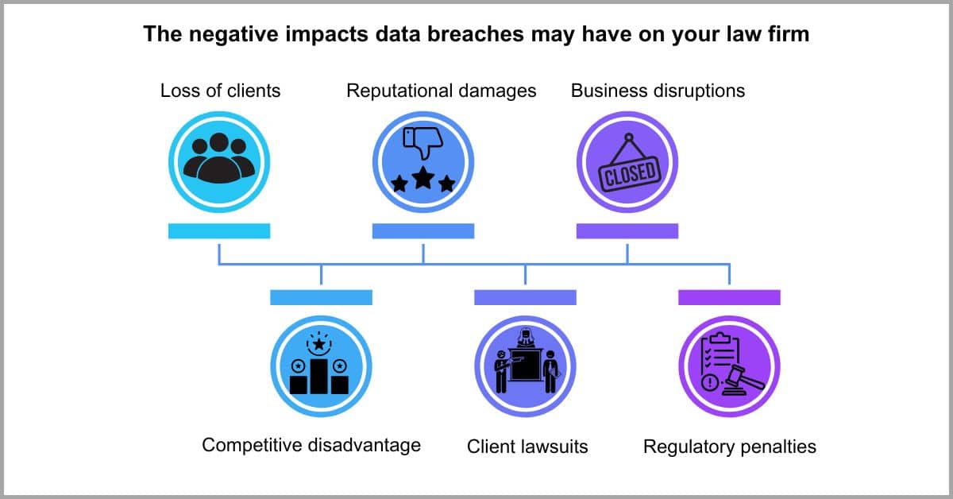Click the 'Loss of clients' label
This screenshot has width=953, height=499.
tap(221, 91)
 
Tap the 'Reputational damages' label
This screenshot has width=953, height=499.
tap(442, 91)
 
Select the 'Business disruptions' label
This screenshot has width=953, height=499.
tap(658, 91)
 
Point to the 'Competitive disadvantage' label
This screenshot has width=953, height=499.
tap(311, 445)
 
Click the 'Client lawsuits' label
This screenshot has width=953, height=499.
tap(527, 447)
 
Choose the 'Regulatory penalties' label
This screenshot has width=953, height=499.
tap(730, 447)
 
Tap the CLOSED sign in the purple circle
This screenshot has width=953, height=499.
tap(630, 175)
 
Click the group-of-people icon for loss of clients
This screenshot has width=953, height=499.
tap(219, 158)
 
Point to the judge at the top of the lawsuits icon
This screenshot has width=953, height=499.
tap(526, 338)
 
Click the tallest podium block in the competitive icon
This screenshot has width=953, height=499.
tap(319, 377)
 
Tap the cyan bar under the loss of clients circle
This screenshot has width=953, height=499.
tap(219, 231)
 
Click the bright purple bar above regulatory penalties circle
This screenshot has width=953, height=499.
tap(729, 298)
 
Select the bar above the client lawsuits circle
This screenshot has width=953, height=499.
tap(526, 298)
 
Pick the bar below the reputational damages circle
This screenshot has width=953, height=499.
tap(423, 231)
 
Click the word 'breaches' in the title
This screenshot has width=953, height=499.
tap(476, 34)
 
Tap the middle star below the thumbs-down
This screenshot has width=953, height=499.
tap(423, 178)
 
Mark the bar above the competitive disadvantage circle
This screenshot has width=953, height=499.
tap(321, 298)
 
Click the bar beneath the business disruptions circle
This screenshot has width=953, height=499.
tap(627, 231)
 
